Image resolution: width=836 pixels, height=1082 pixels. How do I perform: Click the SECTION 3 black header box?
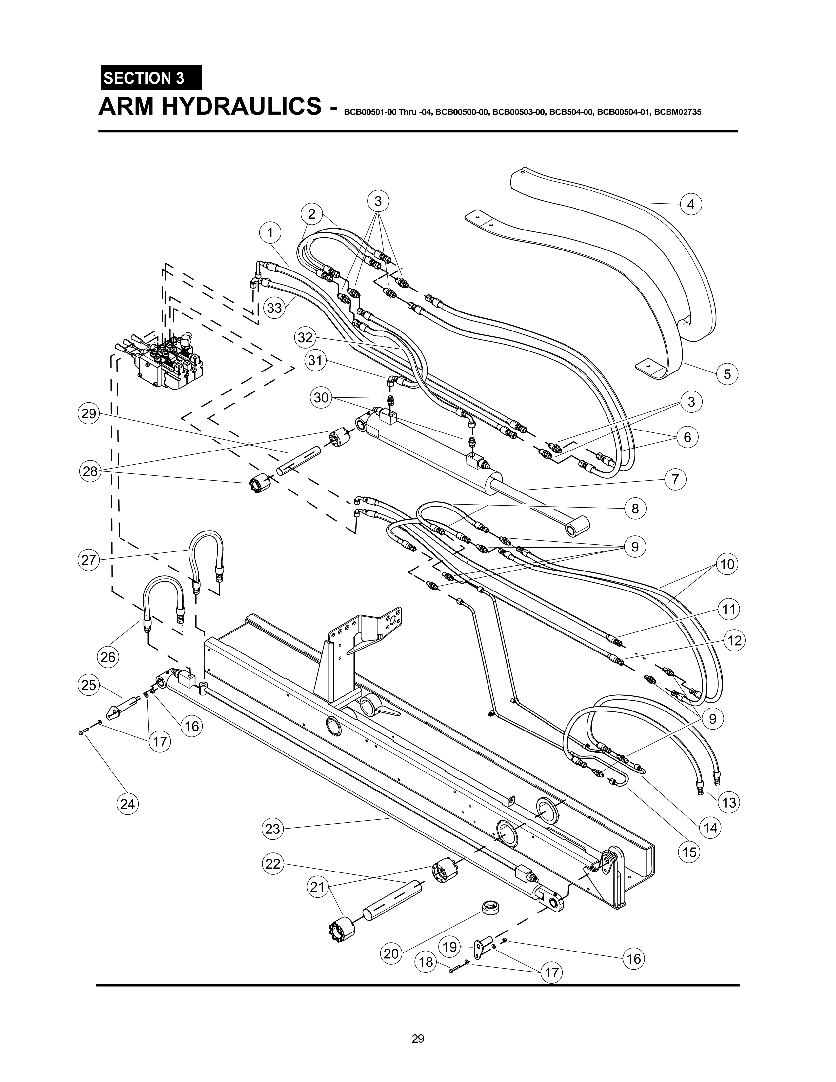click(x=151, y=78)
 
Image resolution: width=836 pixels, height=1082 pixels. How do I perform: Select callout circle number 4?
click(x=691, y=204)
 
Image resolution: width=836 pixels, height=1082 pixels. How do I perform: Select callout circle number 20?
click(x=391, y=953)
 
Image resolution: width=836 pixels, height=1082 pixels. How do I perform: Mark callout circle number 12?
click(x=734, y=641)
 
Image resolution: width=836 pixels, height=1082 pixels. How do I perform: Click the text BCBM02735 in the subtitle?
click(x=677, y=112)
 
